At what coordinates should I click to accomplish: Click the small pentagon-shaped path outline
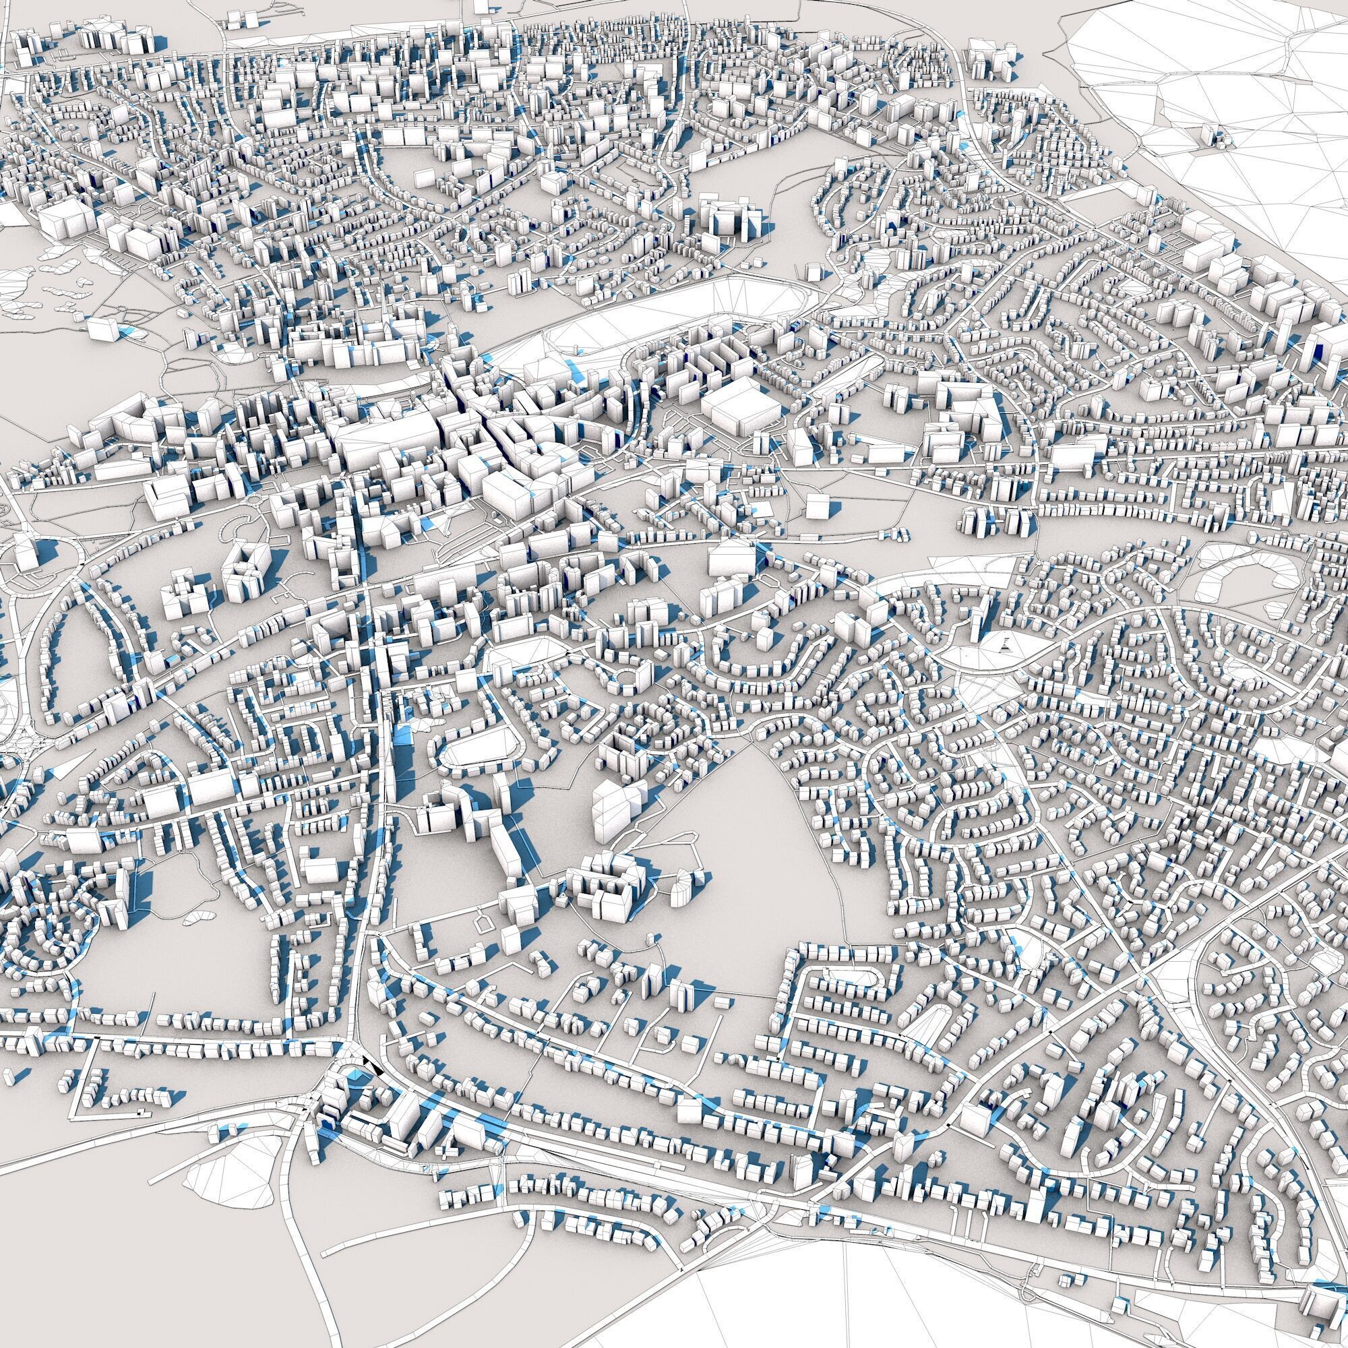tap(482, 925)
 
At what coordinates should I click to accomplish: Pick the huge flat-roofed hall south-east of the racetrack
tap(739, 412)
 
